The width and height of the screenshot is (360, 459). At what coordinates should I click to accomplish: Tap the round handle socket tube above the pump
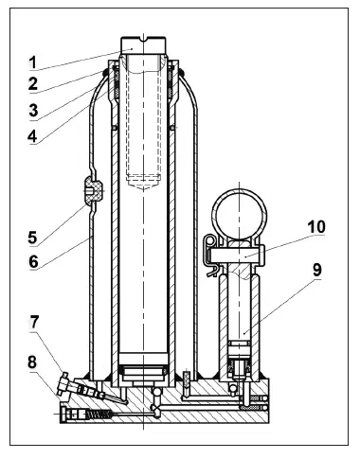[241, 212]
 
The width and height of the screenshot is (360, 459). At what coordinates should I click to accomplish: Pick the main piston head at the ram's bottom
[144, 370]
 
